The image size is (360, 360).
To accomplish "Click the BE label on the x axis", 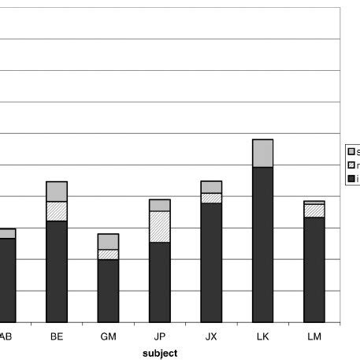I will click(x=57, y=336).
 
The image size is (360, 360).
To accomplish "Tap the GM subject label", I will click(x=108, y=336).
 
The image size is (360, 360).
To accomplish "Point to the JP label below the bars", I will click(x=160, y=336).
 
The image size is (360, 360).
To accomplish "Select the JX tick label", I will click(x=211, y=336).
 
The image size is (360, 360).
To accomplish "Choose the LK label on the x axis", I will click(x=263, y=336).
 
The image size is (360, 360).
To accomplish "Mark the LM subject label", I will click(x=314, y=336).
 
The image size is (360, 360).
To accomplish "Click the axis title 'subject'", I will click(x=160, y=352).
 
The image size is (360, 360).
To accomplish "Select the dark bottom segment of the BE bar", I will click(x=57, y=272).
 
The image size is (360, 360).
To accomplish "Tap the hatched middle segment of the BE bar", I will click(x=57, y=211).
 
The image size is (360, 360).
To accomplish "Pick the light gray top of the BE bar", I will click(x=57, y=191).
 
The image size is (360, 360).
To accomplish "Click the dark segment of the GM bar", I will click(x=108, y=291).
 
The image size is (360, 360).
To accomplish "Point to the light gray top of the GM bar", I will click(x=108, y=241).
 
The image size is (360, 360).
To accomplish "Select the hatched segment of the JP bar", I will click(x=160, y=227).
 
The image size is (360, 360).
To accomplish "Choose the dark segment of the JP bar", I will click(x=160, y=282).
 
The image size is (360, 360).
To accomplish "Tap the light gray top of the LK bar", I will click(x=263, y=153).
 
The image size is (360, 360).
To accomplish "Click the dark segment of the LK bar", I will click(x=263, y=244).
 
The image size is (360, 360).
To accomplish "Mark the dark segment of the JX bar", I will click(x=211, y=262).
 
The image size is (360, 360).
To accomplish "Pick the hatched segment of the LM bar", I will click(x=314, y=210).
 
